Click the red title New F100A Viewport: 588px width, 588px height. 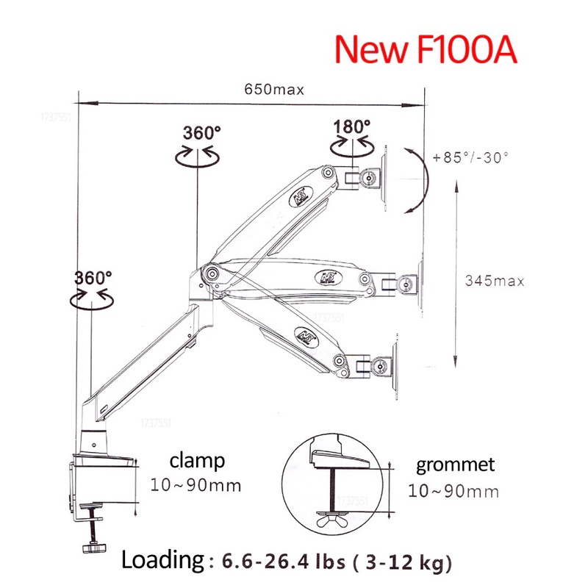click(x=426, y=49)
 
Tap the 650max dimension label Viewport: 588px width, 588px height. click(x=274, y=90)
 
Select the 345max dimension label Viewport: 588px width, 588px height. click(x=495, y=281)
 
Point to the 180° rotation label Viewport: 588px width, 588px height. click(x=352, y=126)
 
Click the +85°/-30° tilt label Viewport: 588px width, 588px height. click(x=470, y=157)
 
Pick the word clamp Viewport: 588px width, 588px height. click(x=197, y=461)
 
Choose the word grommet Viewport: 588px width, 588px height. click(x=455, y=465)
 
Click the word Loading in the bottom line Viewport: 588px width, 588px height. click(x=162, y=560)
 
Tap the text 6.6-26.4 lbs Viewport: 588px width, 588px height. click(x=283, y=562)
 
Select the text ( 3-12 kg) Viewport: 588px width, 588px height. click(x=402, y=562)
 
